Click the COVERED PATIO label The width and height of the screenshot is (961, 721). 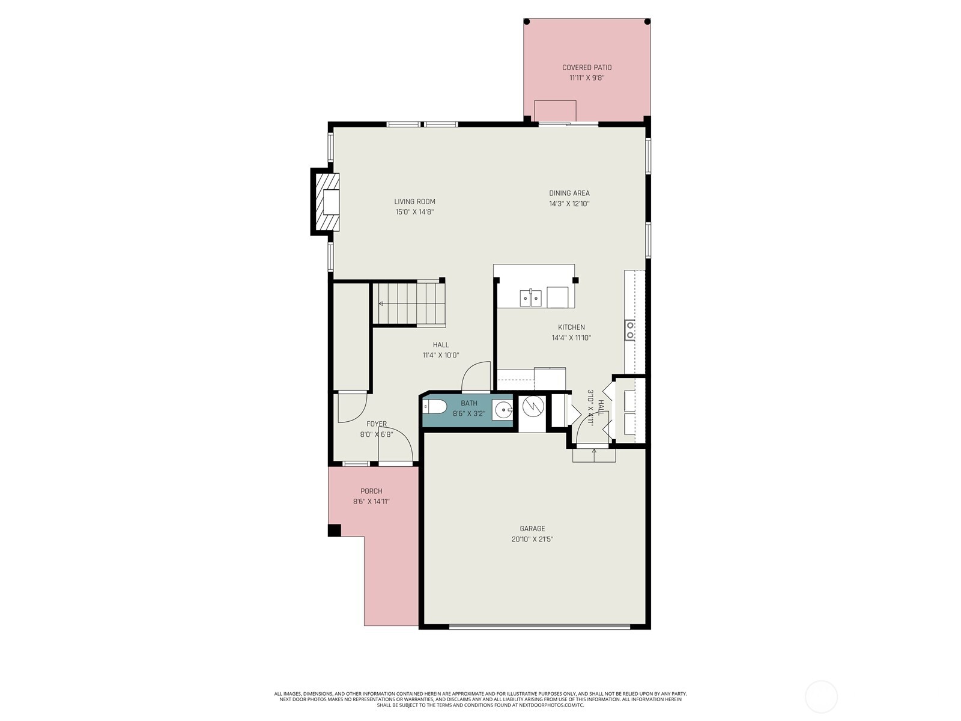pos(587,67)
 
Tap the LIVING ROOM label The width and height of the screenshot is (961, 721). pos(414,201)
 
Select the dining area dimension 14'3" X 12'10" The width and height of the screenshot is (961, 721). pos(569,204)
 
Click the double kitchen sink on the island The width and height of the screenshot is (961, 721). pos(530,298)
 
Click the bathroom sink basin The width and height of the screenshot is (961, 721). pos(502,410)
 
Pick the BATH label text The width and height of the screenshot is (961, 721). pos(469,403)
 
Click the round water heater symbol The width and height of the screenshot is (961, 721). pos(533,407)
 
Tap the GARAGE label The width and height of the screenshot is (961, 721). pos(532,528)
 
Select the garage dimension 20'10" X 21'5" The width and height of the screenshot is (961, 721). pos(532,540)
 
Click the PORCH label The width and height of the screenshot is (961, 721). pos(371,491)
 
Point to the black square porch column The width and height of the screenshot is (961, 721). pos(335,530)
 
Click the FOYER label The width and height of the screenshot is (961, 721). pos(377,424)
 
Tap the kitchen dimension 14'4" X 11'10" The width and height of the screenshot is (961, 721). pos(571,338)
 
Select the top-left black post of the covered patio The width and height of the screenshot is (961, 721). pos(527,22)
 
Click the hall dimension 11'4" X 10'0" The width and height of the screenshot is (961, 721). pos(440,356)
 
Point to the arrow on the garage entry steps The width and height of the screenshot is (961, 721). pos(594,454)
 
